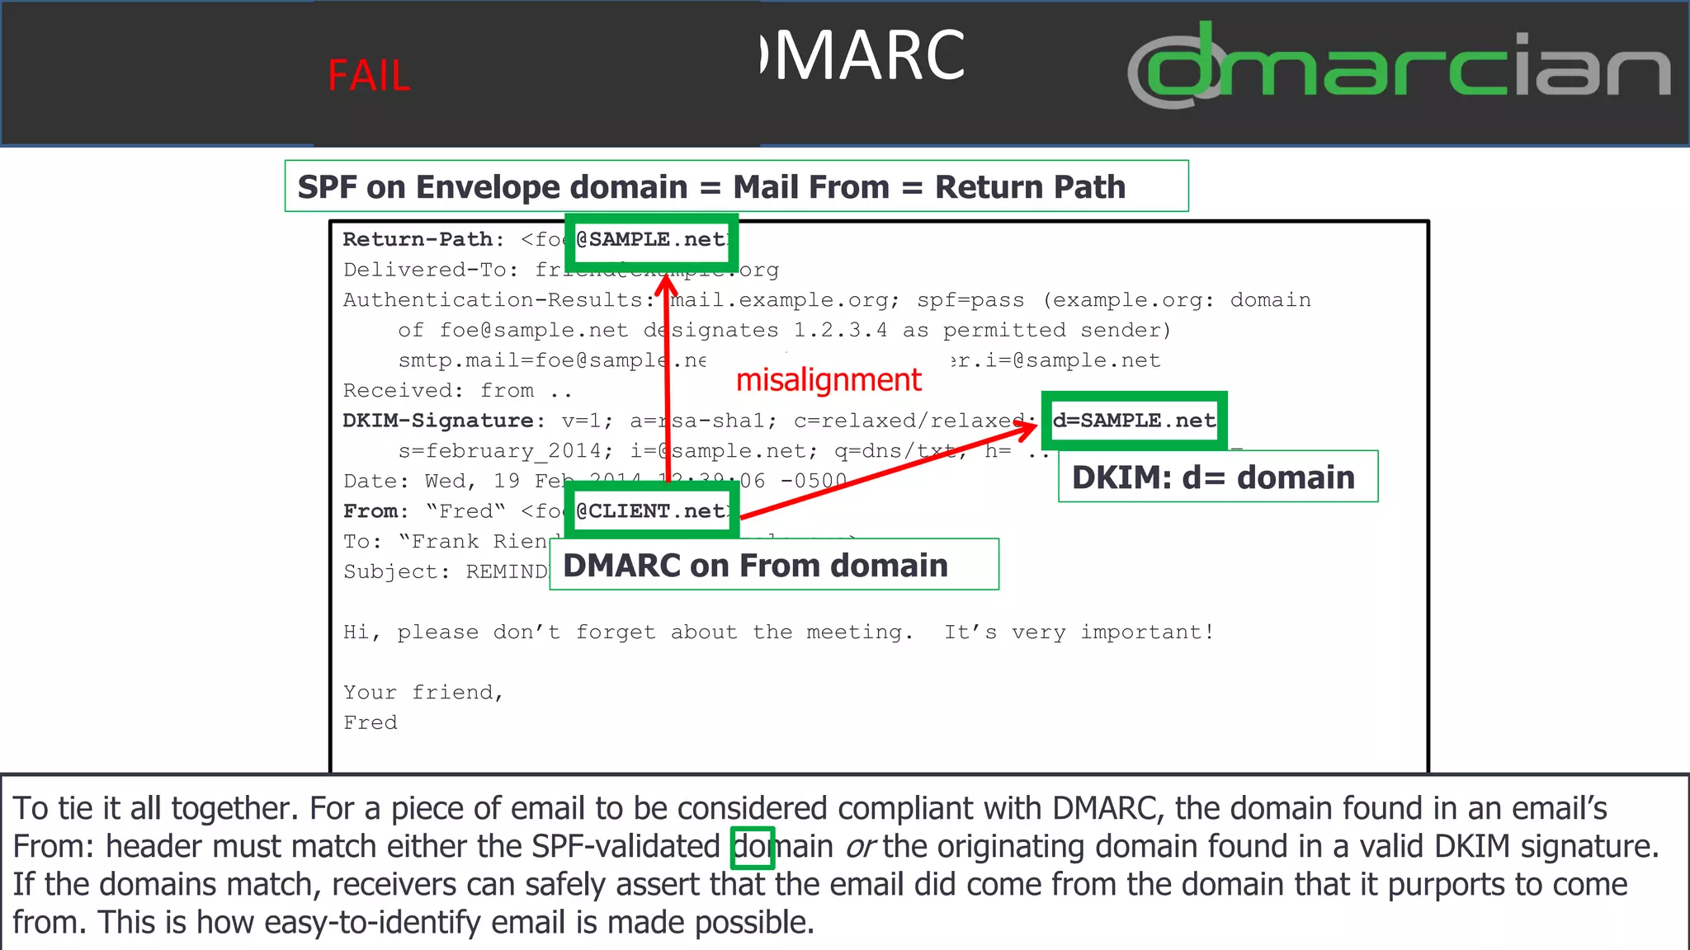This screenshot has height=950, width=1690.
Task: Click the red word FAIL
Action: [369, 76]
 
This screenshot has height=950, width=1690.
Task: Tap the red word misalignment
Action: [828, 380]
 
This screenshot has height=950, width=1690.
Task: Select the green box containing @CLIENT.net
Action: [652, 511]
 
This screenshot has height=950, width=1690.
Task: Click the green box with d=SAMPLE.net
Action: [1134, 421]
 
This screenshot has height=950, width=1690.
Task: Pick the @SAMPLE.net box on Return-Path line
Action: [652, 240]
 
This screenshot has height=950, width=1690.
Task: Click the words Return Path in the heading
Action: [1030, 187]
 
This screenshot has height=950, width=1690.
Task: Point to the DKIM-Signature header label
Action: [438, 421]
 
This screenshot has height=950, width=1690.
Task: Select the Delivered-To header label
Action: [425, 270]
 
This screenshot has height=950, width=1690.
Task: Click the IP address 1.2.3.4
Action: [840, 331]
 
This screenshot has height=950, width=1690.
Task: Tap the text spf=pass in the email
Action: [970, 300]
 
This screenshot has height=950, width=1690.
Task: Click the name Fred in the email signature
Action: [371, 722]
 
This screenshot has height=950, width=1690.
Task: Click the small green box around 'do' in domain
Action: [753, 848]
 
